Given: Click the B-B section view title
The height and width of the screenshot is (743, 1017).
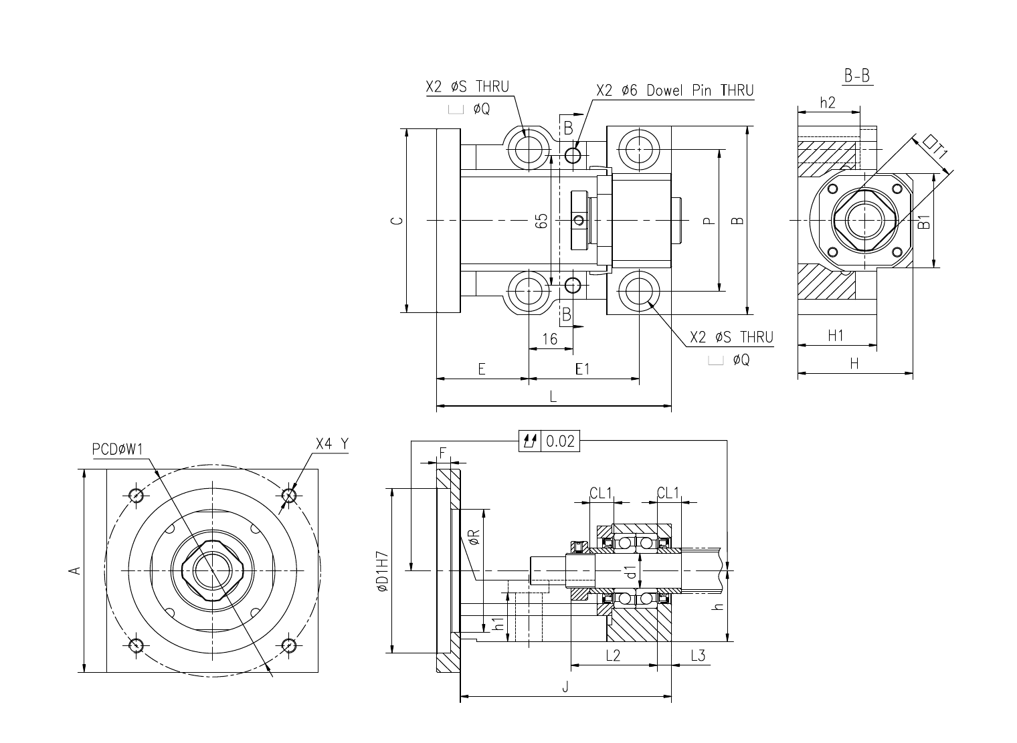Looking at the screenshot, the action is click(857, 76).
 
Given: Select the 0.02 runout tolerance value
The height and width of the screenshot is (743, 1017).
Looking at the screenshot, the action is click(560, 441).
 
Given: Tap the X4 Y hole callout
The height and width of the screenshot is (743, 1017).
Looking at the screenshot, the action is click(333, 443).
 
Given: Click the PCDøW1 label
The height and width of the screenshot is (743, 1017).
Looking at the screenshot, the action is click(118, 449).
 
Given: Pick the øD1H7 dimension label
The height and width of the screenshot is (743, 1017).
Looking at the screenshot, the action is click(382, 571).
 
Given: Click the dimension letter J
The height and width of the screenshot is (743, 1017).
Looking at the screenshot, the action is click(565, 687).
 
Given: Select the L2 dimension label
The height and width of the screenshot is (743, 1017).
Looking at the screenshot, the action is click(613, 656).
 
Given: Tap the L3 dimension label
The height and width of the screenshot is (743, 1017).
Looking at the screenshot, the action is click(699, 656).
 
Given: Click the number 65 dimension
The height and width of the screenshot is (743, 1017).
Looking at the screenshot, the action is click(542, 221).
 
